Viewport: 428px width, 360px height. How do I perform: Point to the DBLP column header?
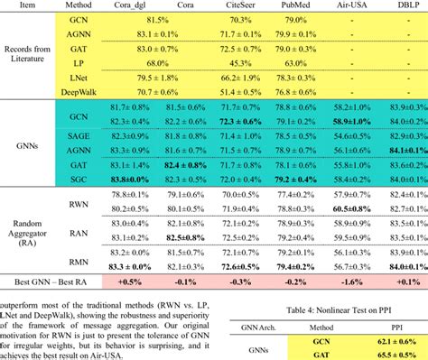click(x=400, y=5)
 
